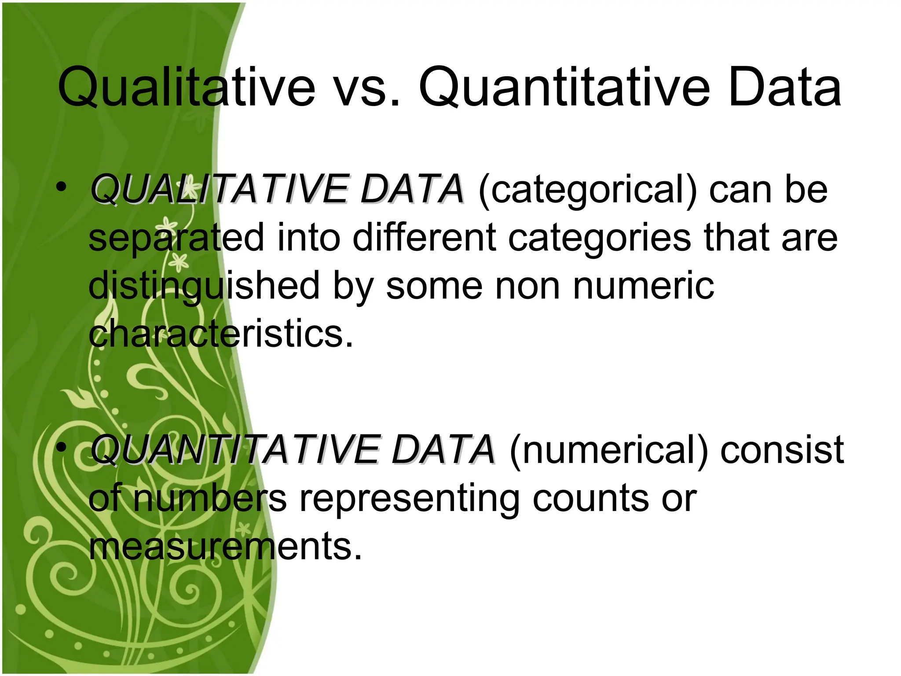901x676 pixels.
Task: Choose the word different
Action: [424, 237]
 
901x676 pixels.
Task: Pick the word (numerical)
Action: [609, 450]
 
